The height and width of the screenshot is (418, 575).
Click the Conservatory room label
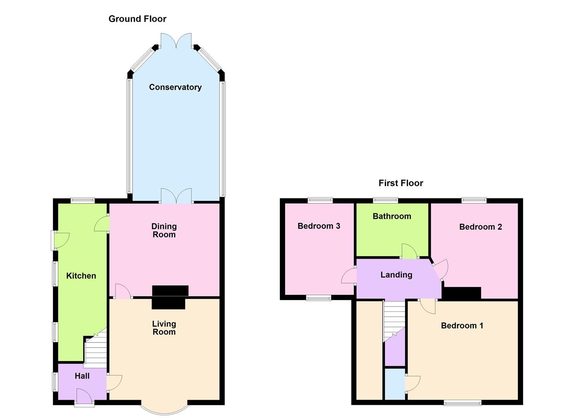point(175,87)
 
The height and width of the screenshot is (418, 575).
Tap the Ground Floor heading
point(137,19)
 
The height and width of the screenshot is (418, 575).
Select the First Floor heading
point(401,183)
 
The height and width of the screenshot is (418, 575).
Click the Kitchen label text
point(81,276)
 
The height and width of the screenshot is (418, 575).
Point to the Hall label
point(82,376)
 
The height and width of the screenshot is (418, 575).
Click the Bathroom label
point(392,216)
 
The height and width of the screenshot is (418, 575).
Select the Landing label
point(396,275)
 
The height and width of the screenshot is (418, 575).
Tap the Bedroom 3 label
point(319,226)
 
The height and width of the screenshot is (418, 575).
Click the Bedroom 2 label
point(480,227)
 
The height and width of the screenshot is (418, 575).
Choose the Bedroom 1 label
point(462,325)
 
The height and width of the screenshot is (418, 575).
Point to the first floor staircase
point(394,319)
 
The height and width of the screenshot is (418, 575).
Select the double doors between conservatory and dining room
point(176,196)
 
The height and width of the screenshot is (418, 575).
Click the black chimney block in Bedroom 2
point(462,293)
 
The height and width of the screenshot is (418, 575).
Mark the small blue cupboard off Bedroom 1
point(395,384)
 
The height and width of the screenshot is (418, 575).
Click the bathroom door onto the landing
point(409,252)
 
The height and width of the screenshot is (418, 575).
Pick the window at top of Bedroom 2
point(474,200)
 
